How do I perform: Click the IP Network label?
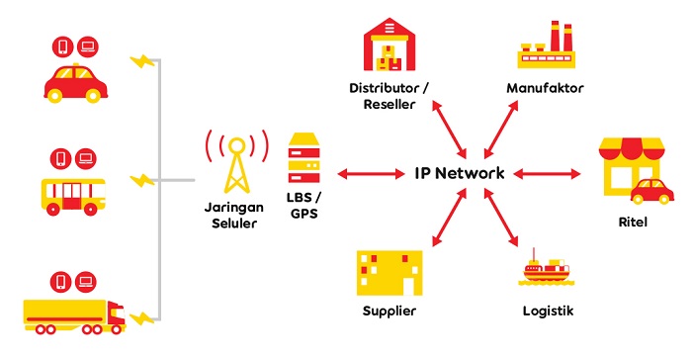point(460,174)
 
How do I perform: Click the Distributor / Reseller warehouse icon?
point(388,46)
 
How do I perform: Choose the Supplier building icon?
point(388,274)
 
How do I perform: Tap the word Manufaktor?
point(545,88)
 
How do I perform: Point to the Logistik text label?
point(547,313)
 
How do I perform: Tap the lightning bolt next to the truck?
point(144,317)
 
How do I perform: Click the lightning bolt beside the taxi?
point(144,61)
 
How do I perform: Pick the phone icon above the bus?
point(61,157)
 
